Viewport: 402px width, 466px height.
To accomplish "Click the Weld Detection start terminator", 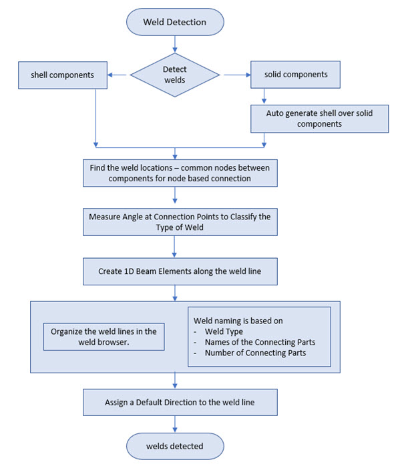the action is [x=175, y=22].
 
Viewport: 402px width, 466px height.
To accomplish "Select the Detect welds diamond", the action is [x=175, y=75].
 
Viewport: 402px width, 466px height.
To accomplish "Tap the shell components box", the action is [x=63, y=75].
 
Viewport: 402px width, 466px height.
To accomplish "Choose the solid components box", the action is [x=295, y=75].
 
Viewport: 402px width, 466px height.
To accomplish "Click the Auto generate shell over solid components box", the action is [x=319, y=119].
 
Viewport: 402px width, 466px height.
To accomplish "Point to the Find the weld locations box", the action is [x=180, y=173].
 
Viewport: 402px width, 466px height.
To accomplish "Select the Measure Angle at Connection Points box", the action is [x=180, y=222].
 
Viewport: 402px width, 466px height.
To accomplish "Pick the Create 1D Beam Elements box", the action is [x=180, y=271].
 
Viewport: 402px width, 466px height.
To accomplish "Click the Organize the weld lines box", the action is [x=104, y=337].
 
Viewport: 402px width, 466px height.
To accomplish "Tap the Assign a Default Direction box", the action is [x=180, y=403].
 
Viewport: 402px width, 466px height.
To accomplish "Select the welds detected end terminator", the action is [x=175, y=446].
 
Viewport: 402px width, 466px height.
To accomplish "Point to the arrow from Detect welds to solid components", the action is [x=237, y=75].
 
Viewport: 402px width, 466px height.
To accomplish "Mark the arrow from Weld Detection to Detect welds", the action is [x=175, y=44].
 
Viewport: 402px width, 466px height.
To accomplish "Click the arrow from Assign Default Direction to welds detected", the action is [x=175, y=424].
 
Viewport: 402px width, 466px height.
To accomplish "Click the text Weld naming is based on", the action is [x=238, y=321].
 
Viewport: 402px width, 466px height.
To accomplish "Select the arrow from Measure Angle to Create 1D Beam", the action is [x=174, y=247].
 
